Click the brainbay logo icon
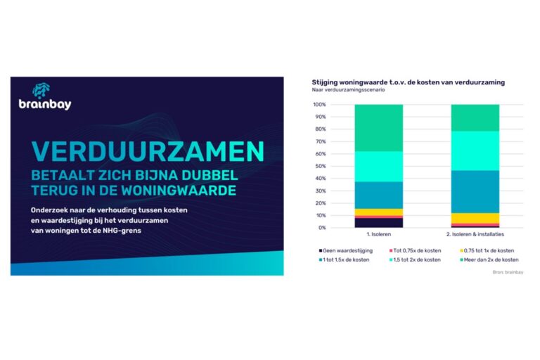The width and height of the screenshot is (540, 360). point(41,91)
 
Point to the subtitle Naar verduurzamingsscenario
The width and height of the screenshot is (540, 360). point(351,91)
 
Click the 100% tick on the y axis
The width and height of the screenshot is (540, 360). point(319,105)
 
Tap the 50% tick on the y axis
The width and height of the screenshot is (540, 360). point(320,166)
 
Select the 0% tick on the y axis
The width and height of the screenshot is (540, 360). point(322,228)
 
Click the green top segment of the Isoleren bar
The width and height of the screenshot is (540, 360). point(379,128)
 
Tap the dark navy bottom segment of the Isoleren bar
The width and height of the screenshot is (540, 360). point(379,223)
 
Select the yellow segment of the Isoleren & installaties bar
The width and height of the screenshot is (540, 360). point(475,217)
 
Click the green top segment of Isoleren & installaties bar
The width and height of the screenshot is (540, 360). point(475,117)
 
